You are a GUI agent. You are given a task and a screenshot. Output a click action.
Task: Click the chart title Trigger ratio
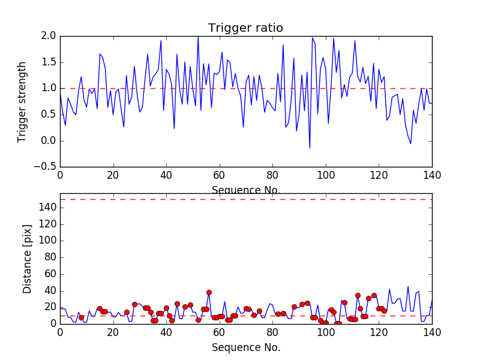pyautogui.click(x=245, y=28)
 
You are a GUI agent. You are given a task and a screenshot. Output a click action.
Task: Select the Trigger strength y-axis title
pyautogui.click(x=22, y=101)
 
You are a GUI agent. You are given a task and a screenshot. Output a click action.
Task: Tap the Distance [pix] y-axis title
pyautogui.click(x=27, y=259)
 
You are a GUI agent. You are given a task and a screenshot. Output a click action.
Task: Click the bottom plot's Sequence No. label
pyautogui.click(x=245, y=347)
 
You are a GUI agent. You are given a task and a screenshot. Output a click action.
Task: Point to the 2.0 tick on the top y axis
pyautogui.click(x=49, y=36)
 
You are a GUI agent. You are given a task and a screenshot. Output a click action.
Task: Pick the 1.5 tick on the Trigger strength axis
pyautogui.click(x=49, y=62)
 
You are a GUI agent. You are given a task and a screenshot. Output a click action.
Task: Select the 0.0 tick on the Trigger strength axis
pyautogui.click(x=49, y=141)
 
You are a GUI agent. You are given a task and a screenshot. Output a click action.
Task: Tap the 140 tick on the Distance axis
pyautogui.click(x=48, y=207)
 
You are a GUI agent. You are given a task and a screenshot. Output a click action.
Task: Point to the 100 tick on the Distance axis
pyautogui.click(x=48, y=240)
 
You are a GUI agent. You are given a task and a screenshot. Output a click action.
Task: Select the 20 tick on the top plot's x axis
pyautogui.click(x=113, y=175)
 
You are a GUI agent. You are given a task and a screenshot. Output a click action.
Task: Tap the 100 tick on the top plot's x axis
pyautogui.click(x=325, y=175)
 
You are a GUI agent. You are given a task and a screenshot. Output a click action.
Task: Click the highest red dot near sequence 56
pyautogui.click(x=209, y=292)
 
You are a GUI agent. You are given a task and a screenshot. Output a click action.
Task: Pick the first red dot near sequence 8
pyautogui.click(x=81, y=317)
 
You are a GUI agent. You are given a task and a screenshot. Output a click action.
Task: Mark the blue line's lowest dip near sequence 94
pyautogui.click(x=310, y=148)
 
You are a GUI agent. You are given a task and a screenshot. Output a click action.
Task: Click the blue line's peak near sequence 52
pyautogui.click(x=198, y=37)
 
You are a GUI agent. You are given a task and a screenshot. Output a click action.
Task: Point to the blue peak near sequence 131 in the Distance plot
pyautogui.click(x=408, y=286)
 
